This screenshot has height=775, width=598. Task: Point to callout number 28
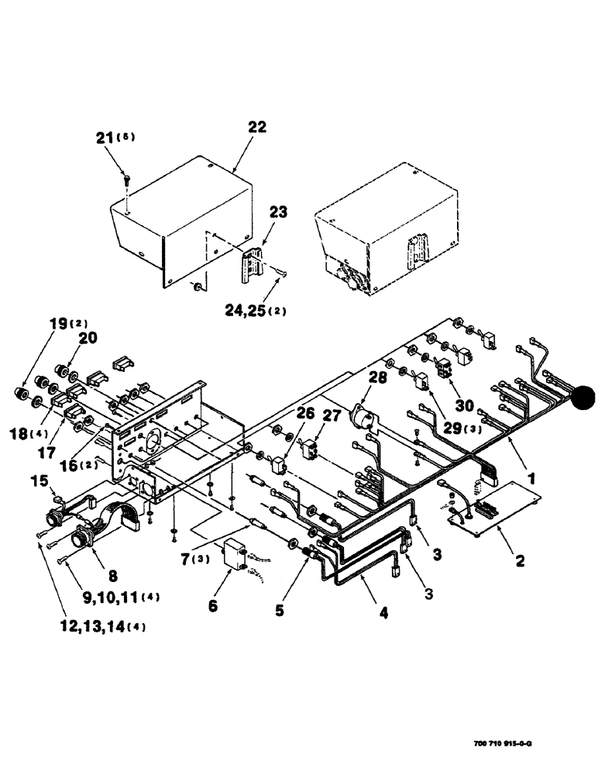[376, 377]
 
